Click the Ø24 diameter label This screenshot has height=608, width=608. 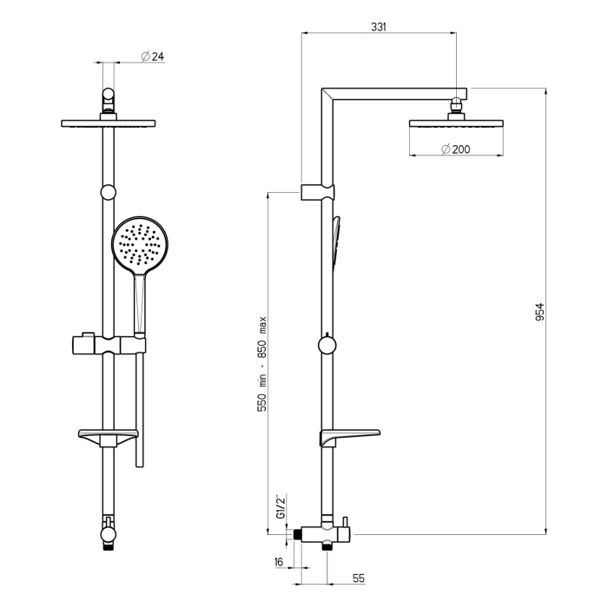click(153, 56)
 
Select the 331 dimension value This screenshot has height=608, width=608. click(378, 27)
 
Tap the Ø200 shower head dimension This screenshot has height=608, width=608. click(455, 149)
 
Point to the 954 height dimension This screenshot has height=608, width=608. click(539, 311)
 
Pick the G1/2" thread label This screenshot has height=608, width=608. click(280, 506)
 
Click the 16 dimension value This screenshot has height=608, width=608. click(278, 562)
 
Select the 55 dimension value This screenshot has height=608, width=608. click(358, 577)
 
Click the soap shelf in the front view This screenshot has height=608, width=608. click(108, 434)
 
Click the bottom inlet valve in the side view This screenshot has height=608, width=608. click(325, 532)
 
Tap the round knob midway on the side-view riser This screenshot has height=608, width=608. click(326, 345)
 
